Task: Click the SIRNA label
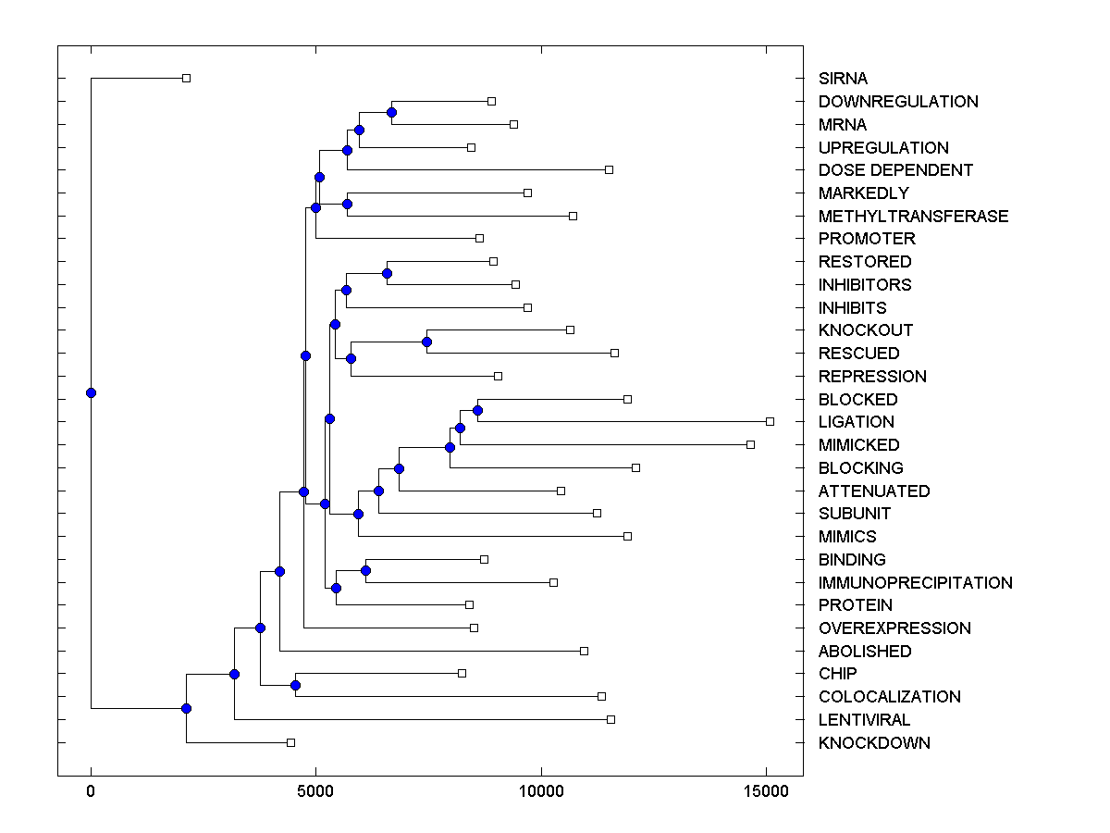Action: (x=843, y=79)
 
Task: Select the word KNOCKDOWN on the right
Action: (x=874, y=743)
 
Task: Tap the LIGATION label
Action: (x=856, y=422)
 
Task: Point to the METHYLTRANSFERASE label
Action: (x=913, y=217)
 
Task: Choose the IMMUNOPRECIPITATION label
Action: (x=915, y=583)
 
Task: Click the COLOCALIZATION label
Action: (x=889, y=697)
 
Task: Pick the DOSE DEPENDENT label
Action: (x=895, y=170)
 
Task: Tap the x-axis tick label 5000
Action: (x=315, y=791)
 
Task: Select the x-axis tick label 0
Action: (x=91, y=791)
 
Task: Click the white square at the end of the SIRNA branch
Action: (x=186, y=78)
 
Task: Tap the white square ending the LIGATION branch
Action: (x=770, y=421)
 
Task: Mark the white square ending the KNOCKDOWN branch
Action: (x=290, y=742)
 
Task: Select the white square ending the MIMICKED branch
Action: (x=750, y=444)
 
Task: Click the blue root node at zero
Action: (x=91, y=392)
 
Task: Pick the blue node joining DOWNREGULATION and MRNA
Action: (x=391, y=112)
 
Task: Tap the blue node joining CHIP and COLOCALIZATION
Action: (x=295, y=685)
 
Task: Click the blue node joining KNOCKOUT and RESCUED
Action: (x=426, y=342)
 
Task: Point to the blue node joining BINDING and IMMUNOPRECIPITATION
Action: (x=365, y=570)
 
